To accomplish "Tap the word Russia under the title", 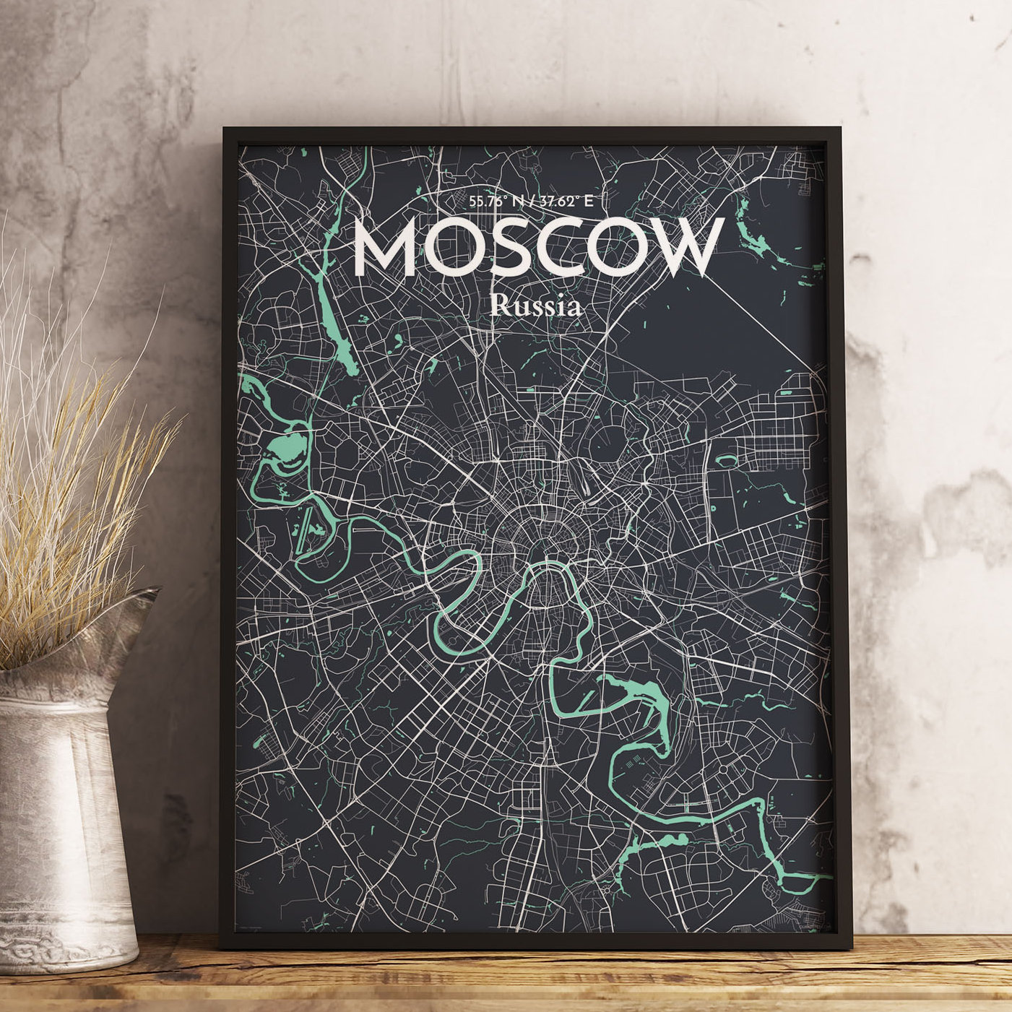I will tap(535, 306).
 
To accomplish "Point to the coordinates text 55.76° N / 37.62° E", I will tap(531, 202).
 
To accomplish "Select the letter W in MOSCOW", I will tap(679, 247).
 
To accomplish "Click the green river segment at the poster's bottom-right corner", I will tap(802, 879).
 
